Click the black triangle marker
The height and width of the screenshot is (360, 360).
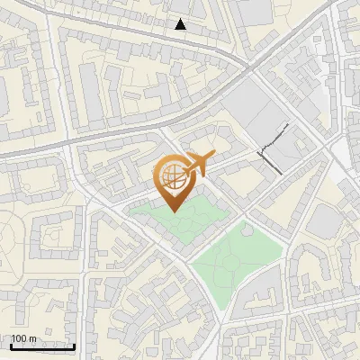point(181,24)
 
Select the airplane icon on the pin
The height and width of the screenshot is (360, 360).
point(198,164)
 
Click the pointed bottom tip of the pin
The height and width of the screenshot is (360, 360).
point(171,211)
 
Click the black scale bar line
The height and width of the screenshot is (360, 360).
point(41,346)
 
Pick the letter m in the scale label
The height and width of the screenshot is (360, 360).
point(32,339)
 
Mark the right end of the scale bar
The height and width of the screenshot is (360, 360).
point(75,346)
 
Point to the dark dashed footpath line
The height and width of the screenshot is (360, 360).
point(274,148)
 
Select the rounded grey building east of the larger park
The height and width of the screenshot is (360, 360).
point(320,220)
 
